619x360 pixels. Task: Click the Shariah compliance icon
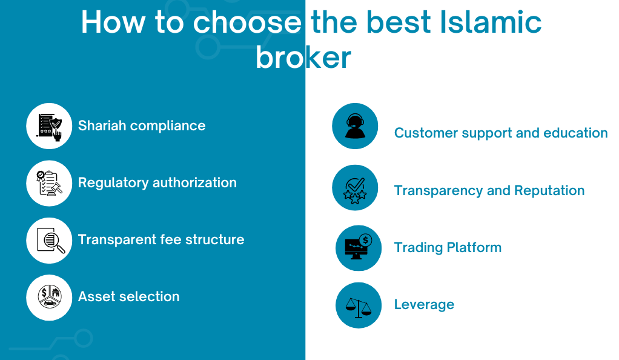click(49, 127)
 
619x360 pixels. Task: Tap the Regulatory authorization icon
click(49, 183)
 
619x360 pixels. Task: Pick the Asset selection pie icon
click(50, 297)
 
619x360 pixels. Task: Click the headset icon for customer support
click(355, 126)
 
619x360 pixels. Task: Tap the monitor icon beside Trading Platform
click(358, 247)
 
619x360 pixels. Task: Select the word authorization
click(194, 182)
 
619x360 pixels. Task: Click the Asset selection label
click(128, 296)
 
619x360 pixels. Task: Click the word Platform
click(474, 247)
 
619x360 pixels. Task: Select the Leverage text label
click(424, 305)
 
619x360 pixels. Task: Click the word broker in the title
click(303, 58)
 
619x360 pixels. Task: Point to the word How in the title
click(113, 22)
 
